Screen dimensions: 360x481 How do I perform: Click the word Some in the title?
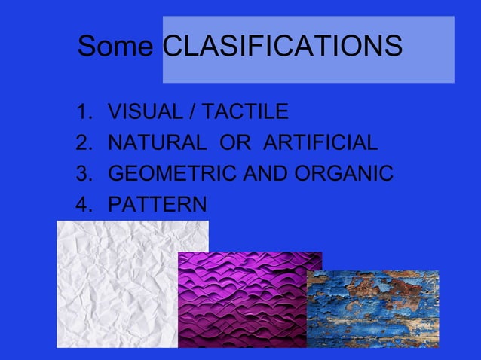117,47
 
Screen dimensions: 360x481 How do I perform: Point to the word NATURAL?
155,143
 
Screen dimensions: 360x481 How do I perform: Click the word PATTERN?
157,204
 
